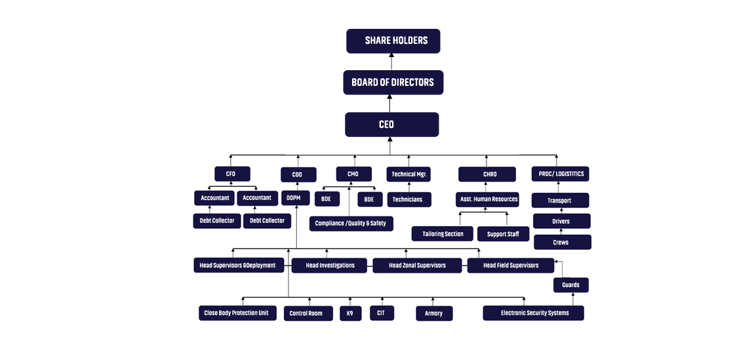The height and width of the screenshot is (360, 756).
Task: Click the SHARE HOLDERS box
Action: [x=393, y=41]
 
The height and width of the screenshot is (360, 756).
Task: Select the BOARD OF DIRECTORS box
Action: [x=393, y=83]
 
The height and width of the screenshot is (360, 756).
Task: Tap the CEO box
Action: [x=391, y=125]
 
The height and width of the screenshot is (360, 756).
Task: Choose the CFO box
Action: [x=232, y=174]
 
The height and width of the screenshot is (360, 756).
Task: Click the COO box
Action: [x=298, y=174]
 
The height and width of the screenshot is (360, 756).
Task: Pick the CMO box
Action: [x=354, y=174]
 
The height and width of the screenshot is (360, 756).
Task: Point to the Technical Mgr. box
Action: [x=408, y=174]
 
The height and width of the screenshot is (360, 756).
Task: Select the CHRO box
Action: [x=487, y=174]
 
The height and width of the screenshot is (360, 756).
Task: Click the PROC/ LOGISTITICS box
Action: [x=560, y=174]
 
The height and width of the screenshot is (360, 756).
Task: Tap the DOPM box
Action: [x=295, y=198]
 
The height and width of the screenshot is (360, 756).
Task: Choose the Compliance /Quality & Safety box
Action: [x=351, y=224]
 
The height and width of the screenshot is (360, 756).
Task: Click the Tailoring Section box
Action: [x=442, y=233]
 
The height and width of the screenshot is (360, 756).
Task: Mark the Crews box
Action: [x=562, y=243]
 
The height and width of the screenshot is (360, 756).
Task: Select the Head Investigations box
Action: [x=329, y=266]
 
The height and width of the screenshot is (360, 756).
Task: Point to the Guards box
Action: [x=571, y=285]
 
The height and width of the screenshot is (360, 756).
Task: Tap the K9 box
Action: [x=351, y=313]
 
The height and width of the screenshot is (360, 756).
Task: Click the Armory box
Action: [x=434, y=313]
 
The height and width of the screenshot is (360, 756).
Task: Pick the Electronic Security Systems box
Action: [x=533, y=313]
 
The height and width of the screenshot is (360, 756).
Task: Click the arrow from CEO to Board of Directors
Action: [x=390, y=104]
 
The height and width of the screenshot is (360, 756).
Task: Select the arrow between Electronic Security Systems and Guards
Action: [x=573, y=299]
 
